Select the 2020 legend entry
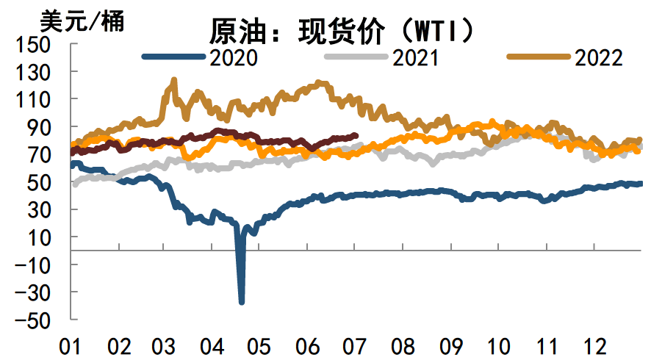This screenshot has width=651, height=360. point(233,58)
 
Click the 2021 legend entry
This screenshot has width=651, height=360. point(416,58)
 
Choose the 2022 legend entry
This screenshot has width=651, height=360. point(599,58)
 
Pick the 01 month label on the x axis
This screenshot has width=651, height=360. point(71,345)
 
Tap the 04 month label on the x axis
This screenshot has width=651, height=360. point(212,345)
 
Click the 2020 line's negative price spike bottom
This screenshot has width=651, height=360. point(242,301)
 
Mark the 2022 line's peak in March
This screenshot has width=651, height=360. point(173,79)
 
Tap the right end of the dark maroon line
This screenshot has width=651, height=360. point(356,135)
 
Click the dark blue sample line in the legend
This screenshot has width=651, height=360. point(173,57)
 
